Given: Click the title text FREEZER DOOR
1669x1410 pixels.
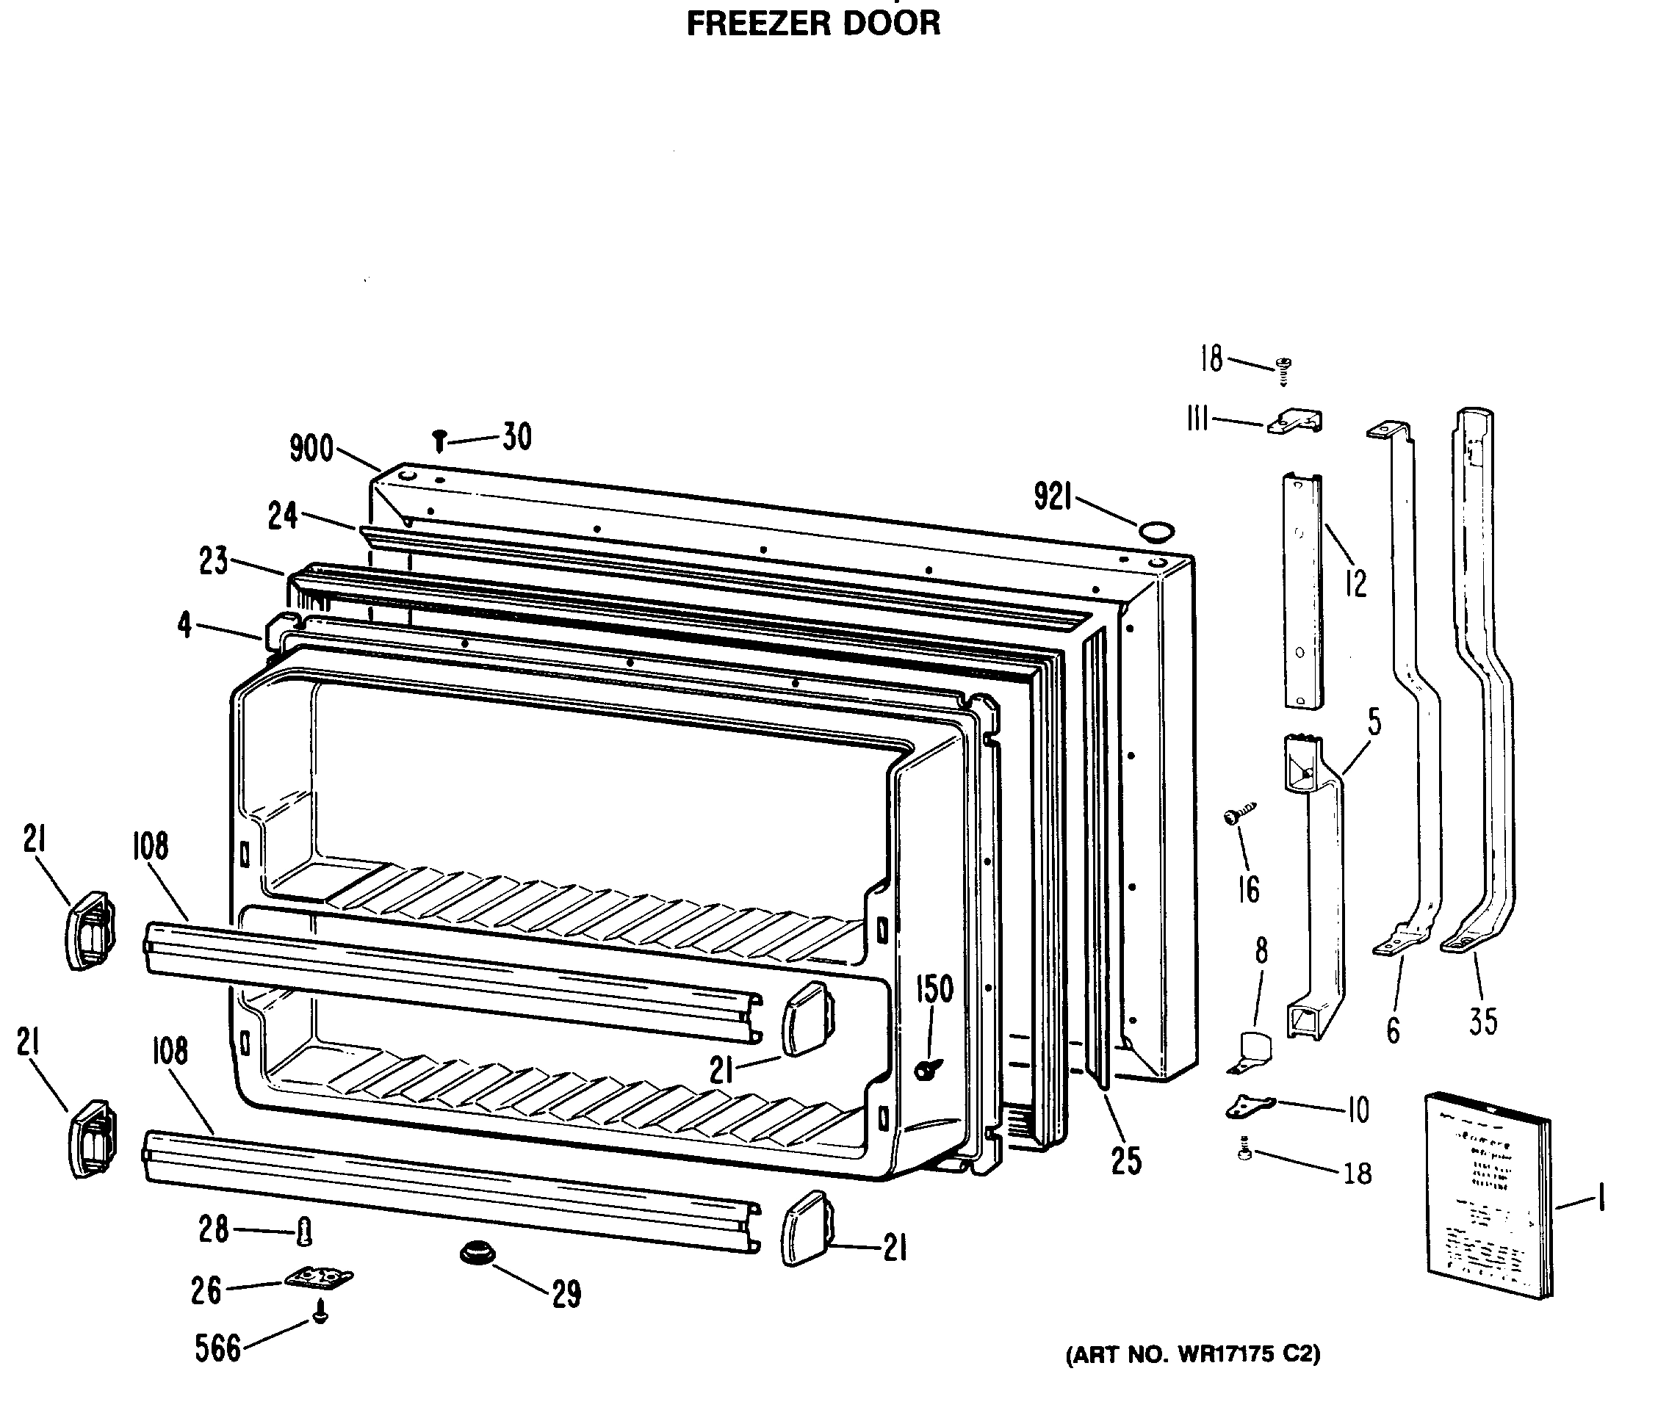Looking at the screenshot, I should [813, 24].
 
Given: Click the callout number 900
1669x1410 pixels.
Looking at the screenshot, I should [311, 449].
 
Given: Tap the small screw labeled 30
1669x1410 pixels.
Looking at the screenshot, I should [439, 441].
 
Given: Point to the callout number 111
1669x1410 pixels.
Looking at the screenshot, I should [1197, 418].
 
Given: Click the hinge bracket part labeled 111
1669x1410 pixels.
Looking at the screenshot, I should [1297, 422].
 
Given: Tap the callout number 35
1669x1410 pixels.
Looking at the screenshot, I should [1482, 1021].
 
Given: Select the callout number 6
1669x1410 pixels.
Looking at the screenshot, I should [1393, 1030].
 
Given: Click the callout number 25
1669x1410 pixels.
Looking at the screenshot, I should [1126, 1161].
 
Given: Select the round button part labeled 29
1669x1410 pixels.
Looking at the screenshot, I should [477, 1253].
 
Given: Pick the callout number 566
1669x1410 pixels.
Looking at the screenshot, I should [217, 1348].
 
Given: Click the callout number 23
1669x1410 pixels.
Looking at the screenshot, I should [214, 561].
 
